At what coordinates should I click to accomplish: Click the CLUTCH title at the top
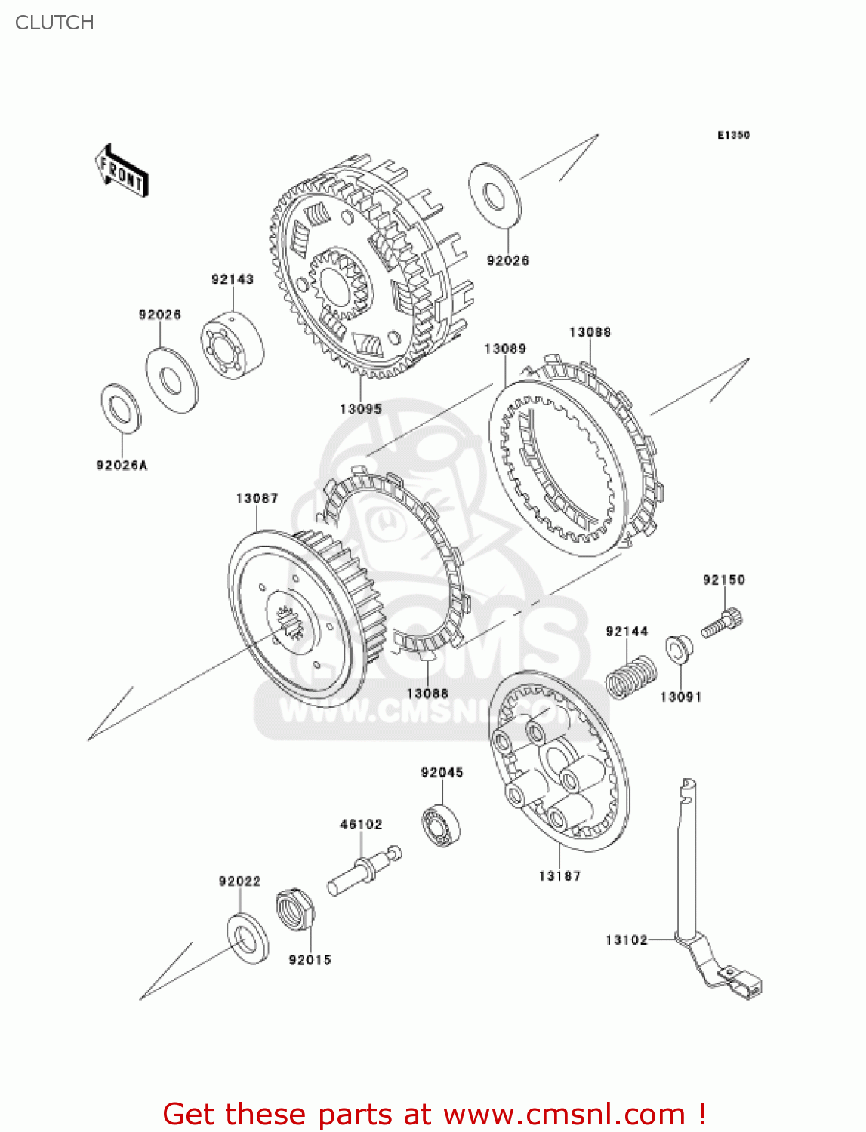(54, 23)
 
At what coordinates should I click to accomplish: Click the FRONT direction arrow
(122, 171)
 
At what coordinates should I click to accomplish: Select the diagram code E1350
(733, 135)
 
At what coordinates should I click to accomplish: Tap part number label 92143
(233, 279)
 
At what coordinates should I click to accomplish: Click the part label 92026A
(122, 466)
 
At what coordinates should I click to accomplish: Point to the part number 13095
(361, 409)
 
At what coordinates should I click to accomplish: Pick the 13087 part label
(257, 498)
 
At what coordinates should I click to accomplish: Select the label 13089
(505, 349)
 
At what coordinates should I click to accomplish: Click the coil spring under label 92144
(631, 677)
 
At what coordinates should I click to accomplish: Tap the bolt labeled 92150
(723, 623)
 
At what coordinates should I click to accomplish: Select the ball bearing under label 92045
(441, 826)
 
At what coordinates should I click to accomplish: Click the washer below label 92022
(248, 938)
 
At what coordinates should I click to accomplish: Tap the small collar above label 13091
(679, 650)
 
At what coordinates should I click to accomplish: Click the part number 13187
(559, 876)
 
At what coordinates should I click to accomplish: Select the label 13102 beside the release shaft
(627, 940)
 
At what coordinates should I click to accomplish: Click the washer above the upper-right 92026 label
(495, 194)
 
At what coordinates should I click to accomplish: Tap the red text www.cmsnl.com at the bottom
(564, 1114)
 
